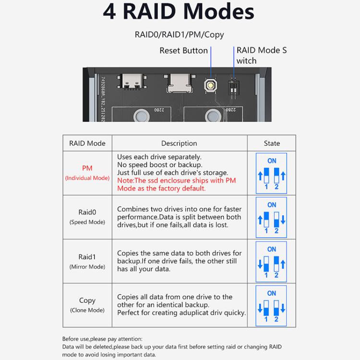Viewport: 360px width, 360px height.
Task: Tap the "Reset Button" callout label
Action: [x=183, y=50]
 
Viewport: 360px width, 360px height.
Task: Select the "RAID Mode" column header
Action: [x=87, y=143]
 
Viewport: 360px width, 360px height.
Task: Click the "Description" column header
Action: [x=179, y=143]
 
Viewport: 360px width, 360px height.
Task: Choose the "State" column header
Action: [x=272, y=143]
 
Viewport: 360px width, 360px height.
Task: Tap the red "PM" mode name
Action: [x=87, y=168]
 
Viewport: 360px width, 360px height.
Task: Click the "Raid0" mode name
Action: [x=87, y=212]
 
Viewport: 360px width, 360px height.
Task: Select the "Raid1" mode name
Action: [x=87, y=257]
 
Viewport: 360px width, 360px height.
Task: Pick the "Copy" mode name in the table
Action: [x=87, y=300]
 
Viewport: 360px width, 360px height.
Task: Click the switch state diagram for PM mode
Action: [x=272, y=173]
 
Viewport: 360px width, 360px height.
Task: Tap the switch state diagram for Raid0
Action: [x=272, y=217]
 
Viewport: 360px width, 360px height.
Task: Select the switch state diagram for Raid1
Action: [x=272, y=262]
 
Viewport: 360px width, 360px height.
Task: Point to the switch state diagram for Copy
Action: [x=272, y=305]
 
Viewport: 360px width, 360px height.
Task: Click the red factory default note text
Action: [x=177, y=184]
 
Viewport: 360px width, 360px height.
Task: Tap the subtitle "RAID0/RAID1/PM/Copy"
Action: [x=179, y=35]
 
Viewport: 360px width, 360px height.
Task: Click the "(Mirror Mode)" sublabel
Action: [x=87, y=267]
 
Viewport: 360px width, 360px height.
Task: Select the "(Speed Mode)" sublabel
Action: [x=87, y=222]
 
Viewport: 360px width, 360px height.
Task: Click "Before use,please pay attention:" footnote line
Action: [x=102, y=338]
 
